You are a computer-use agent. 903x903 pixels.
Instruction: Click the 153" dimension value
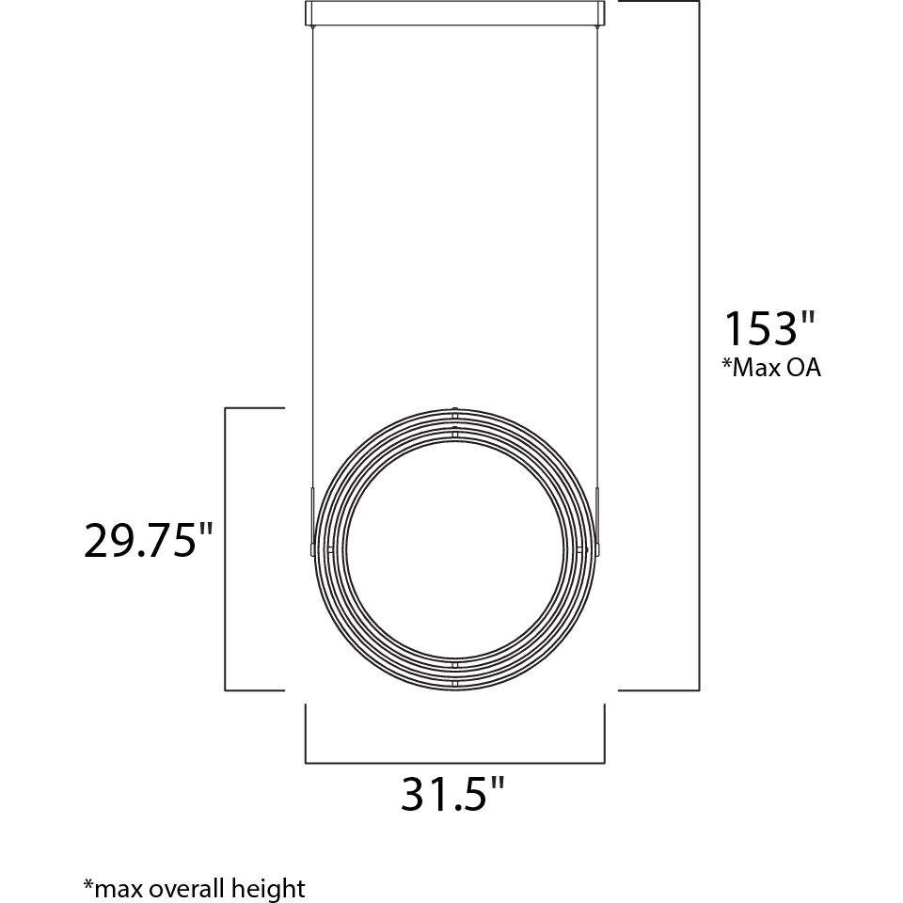pyautogui.click(x=767, y=329)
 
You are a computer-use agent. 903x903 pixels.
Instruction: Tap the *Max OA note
pyautogui.click(x=771, y=368)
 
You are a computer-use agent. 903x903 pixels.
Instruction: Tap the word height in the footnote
pyautogui.click(x=273, y=887)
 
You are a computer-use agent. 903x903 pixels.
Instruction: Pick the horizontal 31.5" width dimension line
pyautogui.click(x=454, y=762)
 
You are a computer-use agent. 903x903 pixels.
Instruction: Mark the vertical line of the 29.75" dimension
pyautogui.click(x=225, y=548)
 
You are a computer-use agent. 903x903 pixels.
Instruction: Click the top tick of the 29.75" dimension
pyautogui.click(x=254, y=408)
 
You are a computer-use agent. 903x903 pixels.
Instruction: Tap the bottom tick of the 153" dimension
pyautogui.click(x=658, y=689)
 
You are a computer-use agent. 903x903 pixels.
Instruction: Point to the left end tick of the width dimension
pyautogui.click(x=306, y=734)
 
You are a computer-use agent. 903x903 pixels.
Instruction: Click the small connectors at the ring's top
pyautogui.click(x=454, y=421)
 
